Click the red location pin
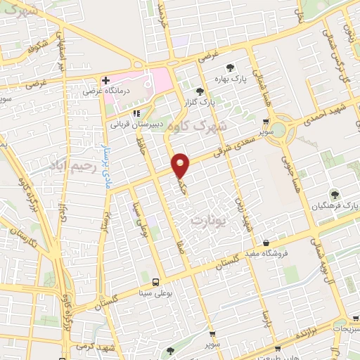click(181, 165)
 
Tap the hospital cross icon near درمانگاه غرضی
click(105, 80)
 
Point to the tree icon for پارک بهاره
click(230, 67)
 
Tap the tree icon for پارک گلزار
click(200, 91)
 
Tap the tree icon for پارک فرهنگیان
click(333, 194)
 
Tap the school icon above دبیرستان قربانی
click(136, 111)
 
